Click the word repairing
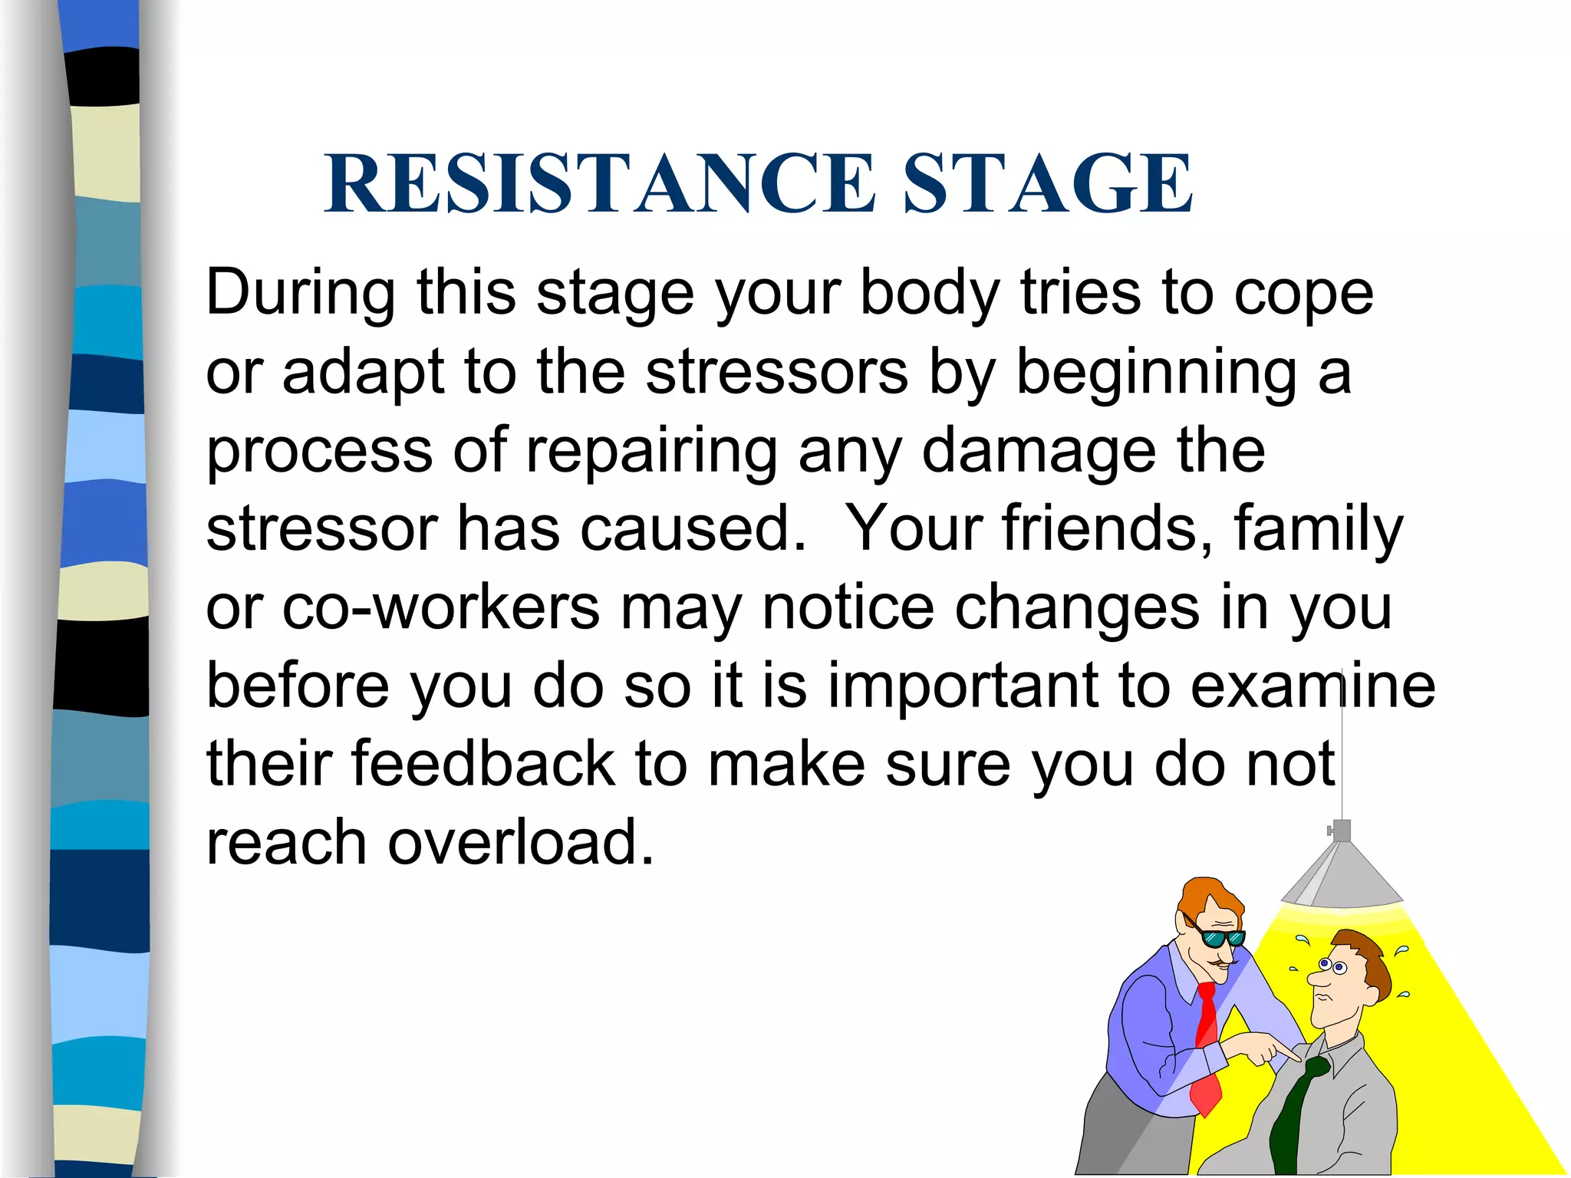[651, 451]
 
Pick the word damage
[1039, 451]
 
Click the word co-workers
[441, 607]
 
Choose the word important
[963, 687]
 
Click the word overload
[521, 842]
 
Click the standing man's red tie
[1207, 1043]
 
